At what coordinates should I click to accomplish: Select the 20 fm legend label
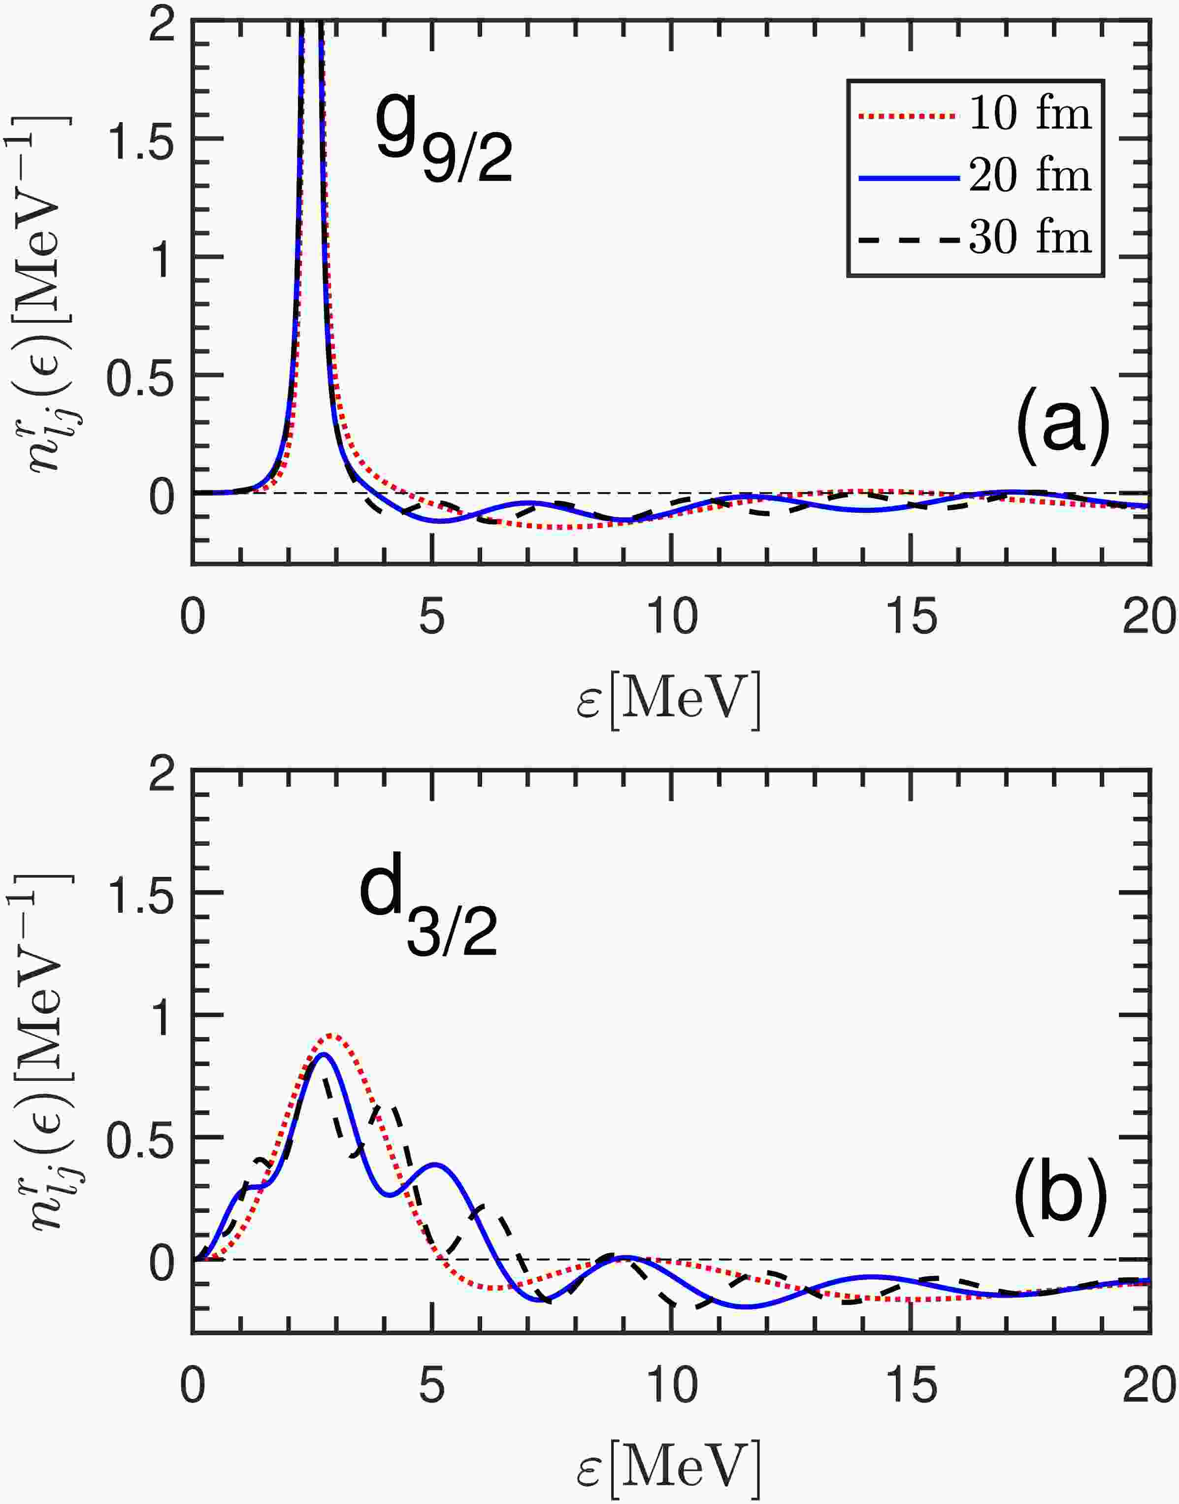(x=1030, y=177)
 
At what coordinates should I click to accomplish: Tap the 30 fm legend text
(x=1030, y=238)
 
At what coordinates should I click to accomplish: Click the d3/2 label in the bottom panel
(x=428, y=910)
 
